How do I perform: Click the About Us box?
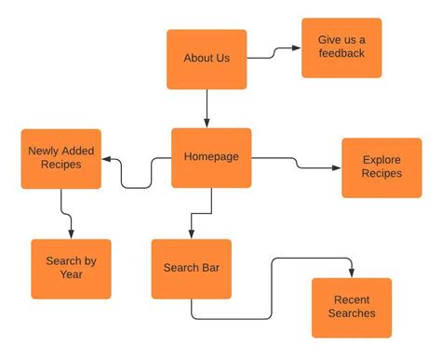(207, 59)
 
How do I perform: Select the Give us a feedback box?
(341, 47)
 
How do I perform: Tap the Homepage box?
(211, 157)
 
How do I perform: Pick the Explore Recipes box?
(381, 167)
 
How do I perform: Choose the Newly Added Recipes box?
(60, 158)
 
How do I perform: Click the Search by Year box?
(71, 268)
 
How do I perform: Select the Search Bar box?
(191, 269)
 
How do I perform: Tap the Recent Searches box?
(352, 307)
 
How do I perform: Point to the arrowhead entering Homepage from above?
(207, 122)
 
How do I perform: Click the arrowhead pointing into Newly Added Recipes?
(106, 160)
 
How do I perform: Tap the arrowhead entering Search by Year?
(71, 233)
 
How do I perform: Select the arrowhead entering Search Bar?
(190, 233)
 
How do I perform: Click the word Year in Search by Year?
(71, 275)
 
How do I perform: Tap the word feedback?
(341, 54)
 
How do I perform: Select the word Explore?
(381, 160)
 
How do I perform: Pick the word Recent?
(352, 300)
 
